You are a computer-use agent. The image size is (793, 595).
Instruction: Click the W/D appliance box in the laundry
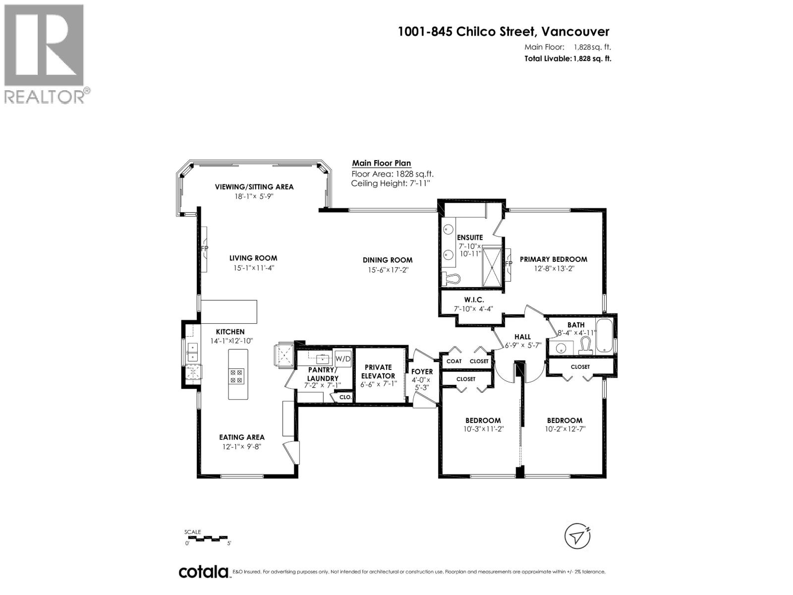tap(343, 358)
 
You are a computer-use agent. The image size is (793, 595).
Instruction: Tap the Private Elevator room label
tap(378, 371)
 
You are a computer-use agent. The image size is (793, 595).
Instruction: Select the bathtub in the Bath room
tap(604, 335)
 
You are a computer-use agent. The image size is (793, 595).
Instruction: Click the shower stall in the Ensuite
tap(492, 267)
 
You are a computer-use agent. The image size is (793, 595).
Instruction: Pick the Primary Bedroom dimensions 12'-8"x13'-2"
tap(554, 268)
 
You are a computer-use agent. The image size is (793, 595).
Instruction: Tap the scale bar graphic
tap(207, 538)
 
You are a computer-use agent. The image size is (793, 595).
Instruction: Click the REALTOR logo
tap(46, 54)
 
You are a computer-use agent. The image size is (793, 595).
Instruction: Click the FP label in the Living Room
tap(205, 248)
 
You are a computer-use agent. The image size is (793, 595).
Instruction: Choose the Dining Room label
tap(387, 260)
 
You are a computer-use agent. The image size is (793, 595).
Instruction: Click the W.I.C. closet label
tap(474, 299)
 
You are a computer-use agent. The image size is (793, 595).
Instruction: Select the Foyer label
tap(422, 371)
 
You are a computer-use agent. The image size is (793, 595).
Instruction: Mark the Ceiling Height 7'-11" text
tap(391, 183)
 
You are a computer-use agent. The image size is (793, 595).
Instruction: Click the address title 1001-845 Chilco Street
tap(466, 31)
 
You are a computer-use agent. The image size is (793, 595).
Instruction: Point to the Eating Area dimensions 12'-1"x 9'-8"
tap(242, 447)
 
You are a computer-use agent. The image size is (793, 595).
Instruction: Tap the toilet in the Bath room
tap(585, 346)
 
